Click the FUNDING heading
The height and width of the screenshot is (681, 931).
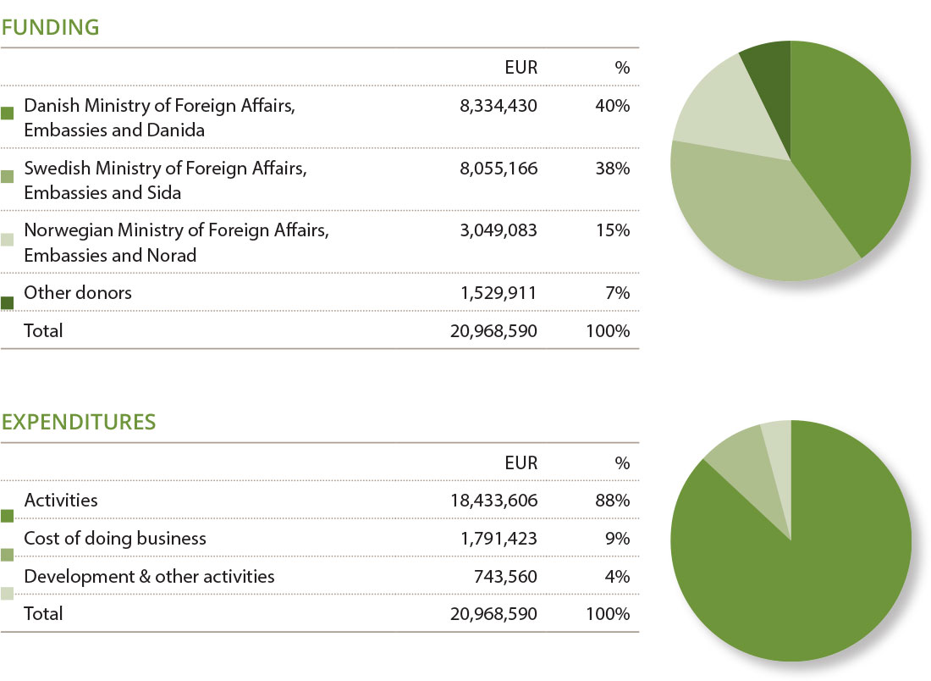point(51,27)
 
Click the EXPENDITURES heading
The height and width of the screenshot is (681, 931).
point(79,422)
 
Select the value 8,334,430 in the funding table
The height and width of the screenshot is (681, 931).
point(497,106)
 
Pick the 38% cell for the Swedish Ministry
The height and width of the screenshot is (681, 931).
point(611,169)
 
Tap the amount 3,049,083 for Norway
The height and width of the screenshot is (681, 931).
point(497,230)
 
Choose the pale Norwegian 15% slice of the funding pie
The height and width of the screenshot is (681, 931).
point(719,110)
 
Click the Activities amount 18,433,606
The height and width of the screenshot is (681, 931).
point(493,501)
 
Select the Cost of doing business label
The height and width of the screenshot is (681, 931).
point(115,539)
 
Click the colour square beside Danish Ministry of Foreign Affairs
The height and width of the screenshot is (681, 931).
point(8,113)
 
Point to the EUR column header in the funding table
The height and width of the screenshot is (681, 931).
point(521,68)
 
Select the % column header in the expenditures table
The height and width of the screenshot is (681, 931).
point(622,462)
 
